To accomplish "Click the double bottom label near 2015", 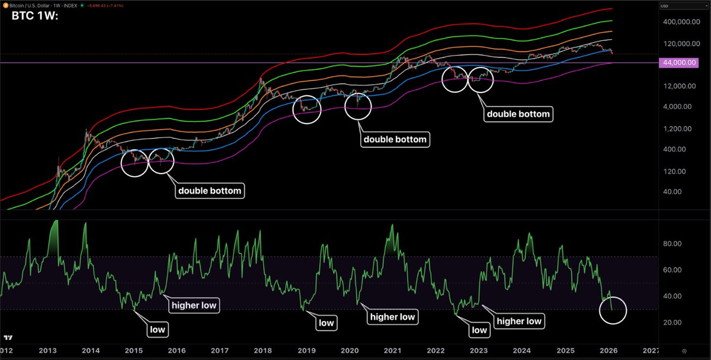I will [x=209, y=191].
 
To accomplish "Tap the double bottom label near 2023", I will [x=518, y=114].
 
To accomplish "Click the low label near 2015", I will [x=158, y=328].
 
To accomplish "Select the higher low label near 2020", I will [x=392, y=317].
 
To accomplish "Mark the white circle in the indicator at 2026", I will [x=612, y=310].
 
